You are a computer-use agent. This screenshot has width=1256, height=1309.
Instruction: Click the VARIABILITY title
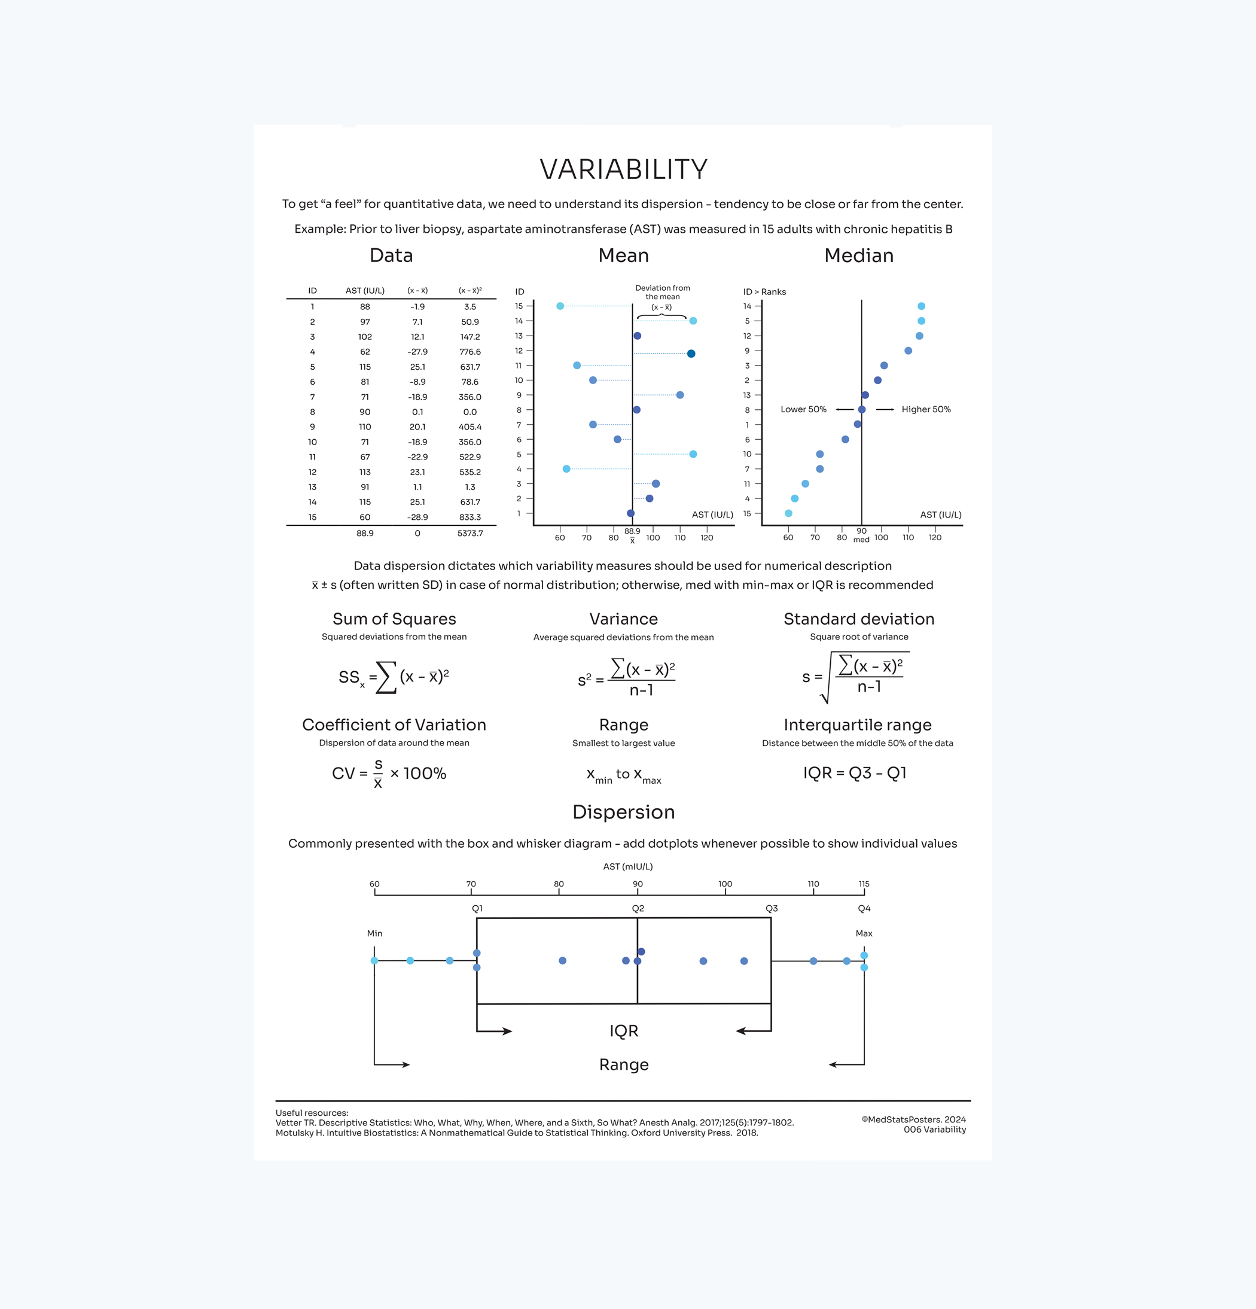tap(623, 170)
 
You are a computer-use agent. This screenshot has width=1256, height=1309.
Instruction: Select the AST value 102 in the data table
tap(365, 337)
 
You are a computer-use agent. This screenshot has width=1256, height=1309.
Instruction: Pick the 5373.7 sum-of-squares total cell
tap(470, 533)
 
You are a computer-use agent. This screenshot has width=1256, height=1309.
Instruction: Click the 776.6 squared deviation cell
tap(470, 352)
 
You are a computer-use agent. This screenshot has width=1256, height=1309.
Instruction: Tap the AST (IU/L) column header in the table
tap(365, 291)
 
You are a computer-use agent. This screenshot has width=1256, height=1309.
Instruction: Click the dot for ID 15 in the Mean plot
tap(560, 306)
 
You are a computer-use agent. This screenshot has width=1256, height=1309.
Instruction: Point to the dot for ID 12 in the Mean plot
tap(691, 354)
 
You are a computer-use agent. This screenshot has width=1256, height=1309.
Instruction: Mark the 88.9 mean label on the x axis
tap(632, 532)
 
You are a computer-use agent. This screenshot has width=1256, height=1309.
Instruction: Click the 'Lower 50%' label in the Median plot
tap(803, 409)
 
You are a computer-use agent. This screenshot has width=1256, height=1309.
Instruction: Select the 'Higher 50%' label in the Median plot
tap(925, 409)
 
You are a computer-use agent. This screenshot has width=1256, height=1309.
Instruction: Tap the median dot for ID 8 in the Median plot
tap(861, 410)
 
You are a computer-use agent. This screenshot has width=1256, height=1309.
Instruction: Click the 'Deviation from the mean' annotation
tap(661, 293)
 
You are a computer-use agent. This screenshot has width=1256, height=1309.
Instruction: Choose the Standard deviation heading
tap(859, 619)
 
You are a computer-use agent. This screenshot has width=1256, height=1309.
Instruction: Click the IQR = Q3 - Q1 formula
tap(854, 773)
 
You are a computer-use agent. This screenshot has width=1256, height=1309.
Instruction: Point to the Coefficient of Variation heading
tap(394, 724)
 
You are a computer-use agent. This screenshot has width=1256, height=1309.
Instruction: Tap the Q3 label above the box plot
tap(771, 908)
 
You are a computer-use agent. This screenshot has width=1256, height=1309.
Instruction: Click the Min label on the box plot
tap(374, 933)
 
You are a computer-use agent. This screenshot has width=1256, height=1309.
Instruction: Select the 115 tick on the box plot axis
tap(864, 884)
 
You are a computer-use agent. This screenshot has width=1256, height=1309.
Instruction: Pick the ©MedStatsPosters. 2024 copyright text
tap(913, 1119)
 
